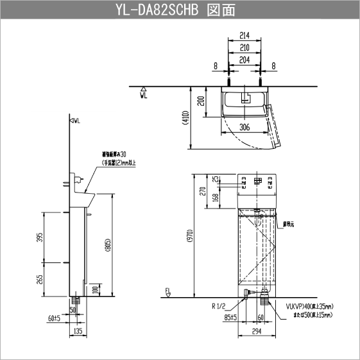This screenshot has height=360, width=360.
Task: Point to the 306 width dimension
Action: click(243, 127)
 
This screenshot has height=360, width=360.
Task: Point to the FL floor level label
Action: click(168, 291)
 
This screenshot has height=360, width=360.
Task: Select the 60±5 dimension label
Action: click(54, 317)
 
